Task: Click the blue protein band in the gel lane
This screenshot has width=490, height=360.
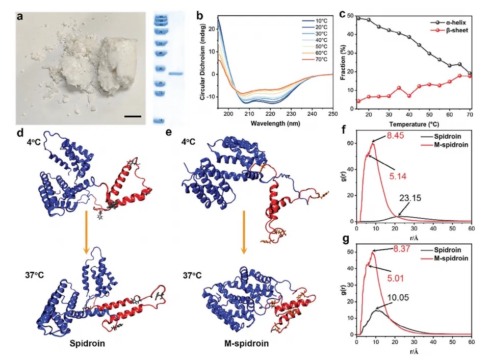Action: [175, 74]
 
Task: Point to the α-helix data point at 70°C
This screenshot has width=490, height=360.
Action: [469, 73]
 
